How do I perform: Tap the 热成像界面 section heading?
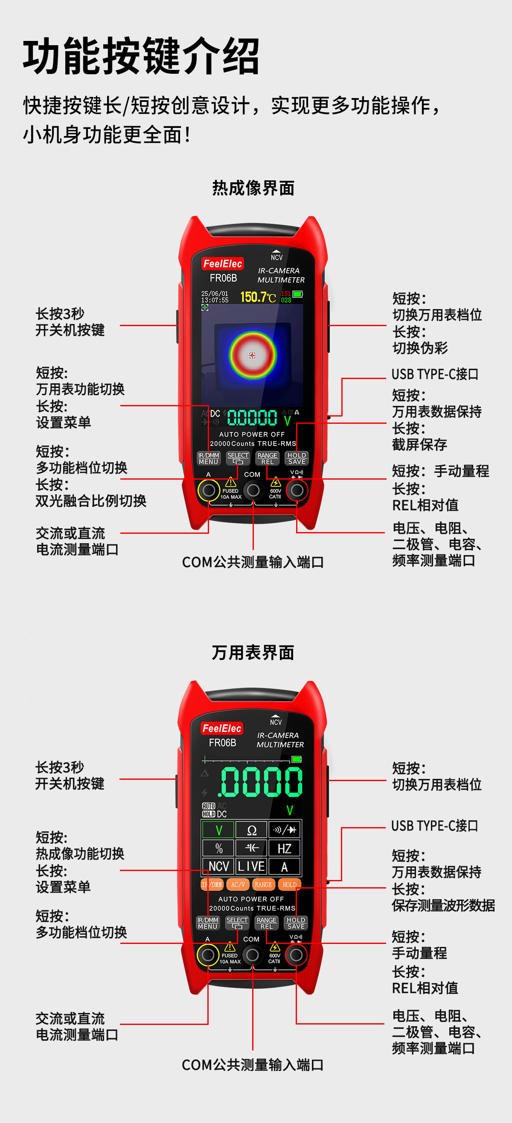(x=253, y=188)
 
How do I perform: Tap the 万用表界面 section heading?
(x=253, y=653)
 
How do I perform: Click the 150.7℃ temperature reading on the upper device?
(x=258, y=297)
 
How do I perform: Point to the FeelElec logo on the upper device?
(x=222, y=264)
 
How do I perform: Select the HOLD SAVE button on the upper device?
(x=297, y=458)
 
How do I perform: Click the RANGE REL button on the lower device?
(x=267, y=923)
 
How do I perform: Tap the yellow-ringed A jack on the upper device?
(x=209, y=490)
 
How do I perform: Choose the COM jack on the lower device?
(x=252, y=955)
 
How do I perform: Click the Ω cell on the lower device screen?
(x=252, y=830)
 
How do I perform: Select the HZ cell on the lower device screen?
(x=284, y=848)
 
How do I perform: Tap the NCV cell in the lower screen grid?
(x=218, y=866)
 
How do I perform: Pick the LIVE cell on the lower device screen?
(x=252, y=866)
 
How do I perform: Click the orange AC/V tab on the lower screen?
(x=238, y=885)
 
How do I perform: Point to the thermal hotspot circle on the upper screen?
(x=253, y=355)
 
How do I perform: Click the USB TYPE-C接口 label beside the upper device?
(x=435, y=374)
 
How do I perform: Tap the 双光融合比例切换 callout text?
(x=91, y=501)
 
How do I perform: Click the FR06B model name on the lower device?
(x=222, y=742)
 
